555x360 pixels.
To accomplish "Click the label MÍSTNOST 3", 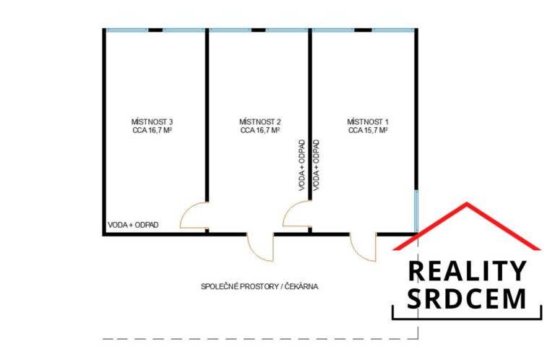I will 152,121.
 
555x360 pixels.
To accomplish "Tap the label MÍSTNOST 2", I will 259,121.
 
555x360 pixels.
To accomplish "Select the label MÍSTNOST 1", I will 368,121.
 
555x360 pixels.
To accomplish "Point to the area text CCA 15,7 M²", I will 368,131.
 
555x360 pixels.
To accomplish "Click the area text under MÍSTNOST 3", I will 152,131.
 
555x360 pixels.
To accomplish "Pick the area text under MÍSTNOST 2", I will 259,131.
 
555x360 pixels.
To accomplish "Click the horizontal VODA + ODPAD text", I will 133,225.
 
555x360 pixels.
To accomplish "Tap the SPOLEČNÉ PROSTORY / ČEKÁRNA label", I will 259,286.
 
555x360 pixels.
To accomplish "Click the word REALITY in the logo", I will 467,271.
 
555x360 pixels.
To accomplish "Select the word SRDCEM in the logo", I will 467,299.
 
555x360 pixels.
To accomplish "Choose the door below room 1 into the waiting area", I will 363,247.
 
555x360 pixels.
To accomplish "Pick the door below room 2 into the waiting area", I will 260,247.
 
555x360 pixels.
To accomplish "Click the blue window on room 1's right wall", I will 416,210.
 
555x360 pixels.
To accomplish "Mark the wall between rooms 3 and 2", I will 207,116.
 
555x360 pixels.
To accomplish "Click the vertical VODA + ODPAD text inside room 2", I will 301,165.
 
